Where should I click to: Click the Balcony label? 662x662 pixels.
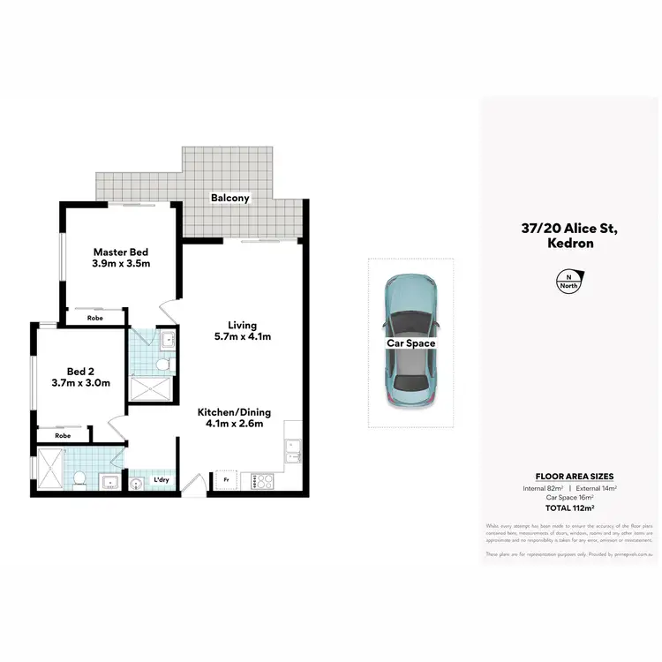230,199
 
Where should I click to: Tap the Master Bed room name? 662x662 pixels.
122,250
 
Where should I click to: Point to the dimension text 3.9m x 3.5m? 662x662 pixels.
122,263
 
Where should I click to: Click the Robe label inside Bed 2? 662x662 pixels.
63,435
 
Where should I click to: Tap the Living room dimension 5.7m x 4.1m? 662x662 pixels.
241,336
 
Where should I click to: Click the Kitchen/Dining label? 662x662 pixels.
234,412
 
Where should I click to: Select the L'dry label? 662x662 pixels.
162,480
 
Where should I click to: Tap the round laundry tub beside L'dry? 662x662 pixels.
138,483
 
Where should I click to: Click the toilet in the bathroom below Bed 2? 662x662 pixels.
79,478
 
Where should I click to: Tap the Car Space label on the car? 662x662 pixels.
410,343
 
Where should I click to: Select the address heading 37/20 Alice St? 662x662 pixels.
568,229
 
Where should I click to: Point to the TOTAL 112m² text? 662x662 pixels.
568,508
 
